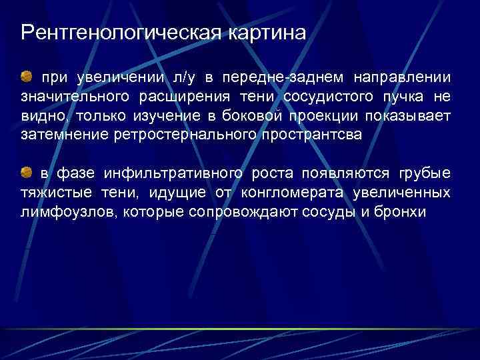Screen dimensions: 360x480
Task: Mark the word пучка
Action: click(398, 97)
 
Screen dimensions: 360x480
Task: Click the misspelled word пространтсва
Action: click(313, 135)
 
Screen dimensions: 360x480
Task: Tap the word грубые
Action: click(424, 174)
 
